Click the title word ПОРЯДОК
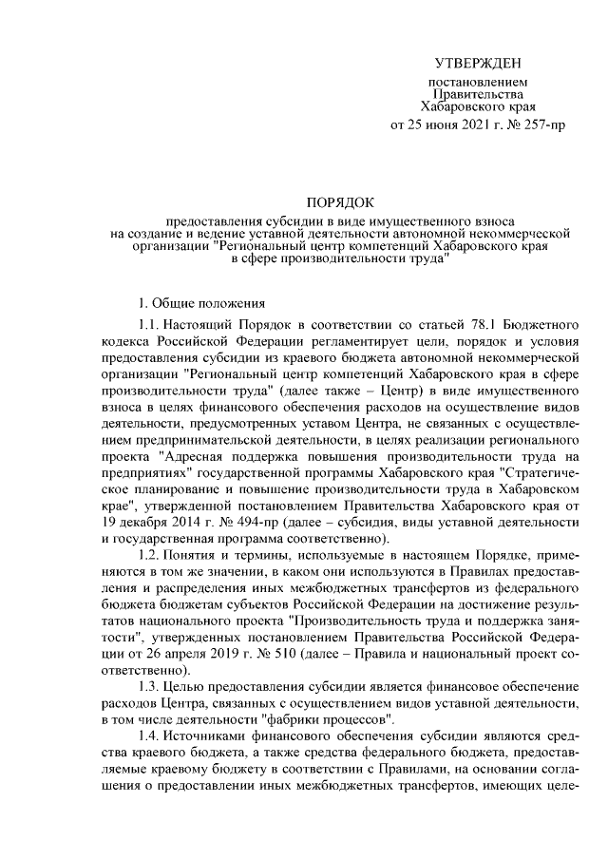pos(340,201)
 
